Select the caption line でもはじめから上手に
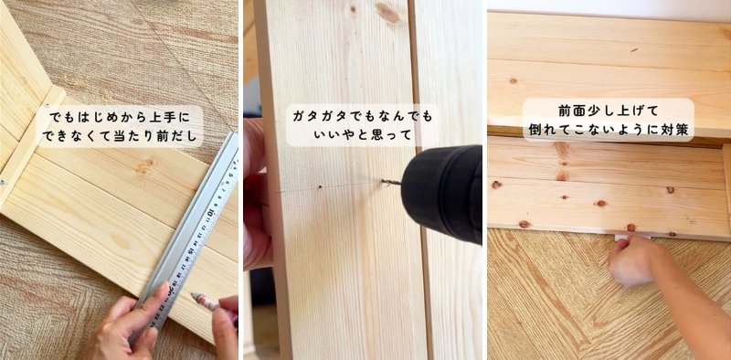120,117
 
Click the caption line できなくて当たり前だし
120,137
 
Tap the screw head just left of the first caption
48,106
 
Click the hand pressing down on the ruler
128,322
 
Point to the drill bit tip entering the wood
383,182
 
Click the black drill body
442,194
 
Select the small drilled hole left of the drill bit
320,187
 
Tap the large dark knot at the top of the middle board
387,13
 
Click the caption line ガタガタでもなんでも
362,116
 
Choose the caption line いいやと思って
362,135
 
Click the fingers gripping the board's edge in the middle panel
257,196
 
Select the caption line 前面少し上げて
609,111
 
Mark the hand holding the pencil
226,326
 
